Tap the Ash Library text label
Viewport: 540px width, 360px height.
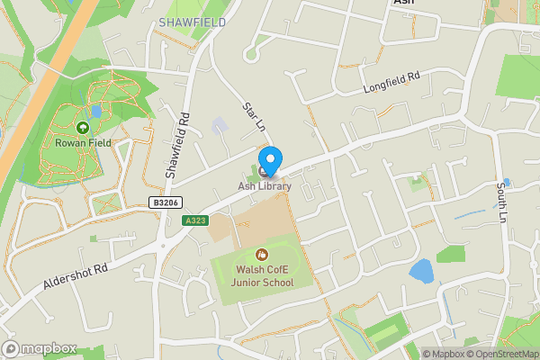pyautogui.click(x=265, y=186)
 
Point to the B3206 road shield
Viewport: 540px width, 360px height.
pyautogui.click(x=163, y=204)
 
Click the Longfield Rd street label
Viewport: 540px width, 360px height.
pyautogui.click(x=391, y=84)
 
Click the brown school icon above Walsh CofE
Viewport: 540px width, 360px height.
pyautogui.click(x=262, y=255)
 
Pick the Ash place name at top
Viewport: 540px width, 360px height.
pyautogui.click(x=403, y=4)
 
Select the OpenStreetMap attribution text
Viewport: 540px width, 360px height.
pyautogui.click(x=501, y=354)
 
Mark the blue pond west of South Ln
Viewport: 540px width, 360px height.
pyautogui.click(x=420, y=271)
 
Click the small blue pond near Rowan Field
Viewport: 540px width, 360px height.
pyautogui.click(x=96, y=112)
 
